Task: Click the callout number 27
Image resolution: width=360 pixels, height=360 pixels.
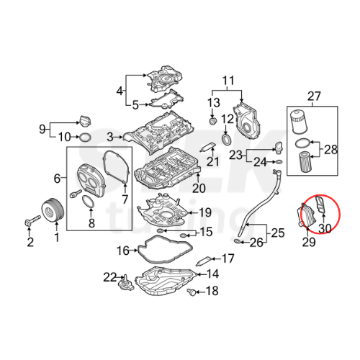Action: (x=313, y=96)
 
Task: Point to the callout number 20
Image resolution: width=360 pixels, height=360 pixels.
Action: (x=198, y=189)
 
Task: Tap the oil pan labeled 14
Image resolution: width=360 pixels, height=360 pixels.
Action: (x=173, y=281)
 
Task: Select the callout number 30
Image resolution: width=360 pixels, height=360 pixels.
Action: (x=325, y=228)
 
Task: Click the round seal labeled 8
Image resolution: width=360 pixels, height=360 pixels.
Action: (x=87, y=204)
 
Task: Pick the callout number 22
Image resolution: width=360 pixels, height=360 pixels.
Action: (x=109, y=276)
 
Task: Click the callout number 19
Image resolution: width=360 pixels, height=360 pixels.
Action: (x=204, y=212)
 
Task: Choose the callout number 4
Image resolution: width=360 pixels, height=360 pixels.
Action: (x=120, y=91)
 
